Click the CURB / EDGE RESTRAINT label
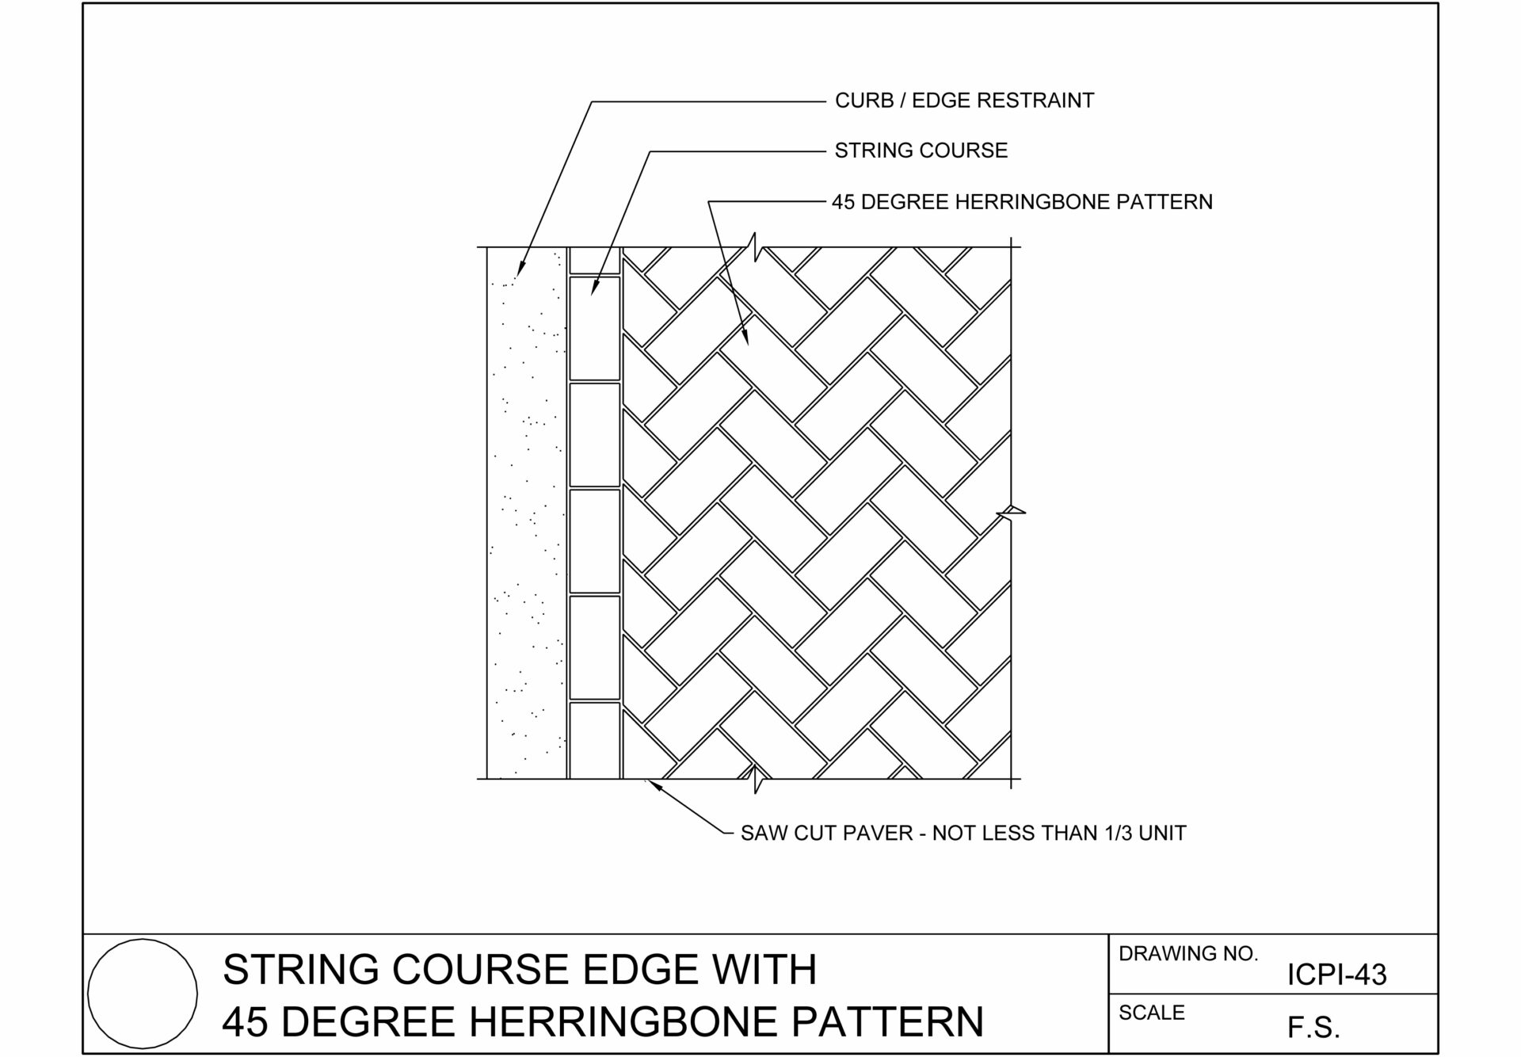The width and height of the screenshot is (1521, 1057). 964,101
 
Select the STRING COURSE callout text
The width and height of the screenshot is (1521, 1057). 921,151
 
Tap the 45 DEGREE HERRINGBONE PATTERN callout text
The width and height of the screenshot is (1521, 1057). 1022,202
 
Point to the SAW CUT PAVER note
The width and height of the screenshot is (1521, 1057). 963,833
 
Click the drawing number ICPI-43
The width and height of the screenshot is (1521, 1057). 1337,975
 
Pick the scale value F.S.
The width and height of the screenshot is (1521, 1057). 1313,1028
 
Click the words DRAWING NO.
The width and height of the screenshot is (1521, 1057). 1188,953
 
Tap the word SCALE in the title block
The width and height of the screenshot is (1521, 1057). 1152,1013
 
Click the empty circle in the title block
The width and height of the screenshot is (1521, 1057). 143,940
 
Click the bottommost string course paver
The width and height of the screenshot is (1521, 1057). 595,740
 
